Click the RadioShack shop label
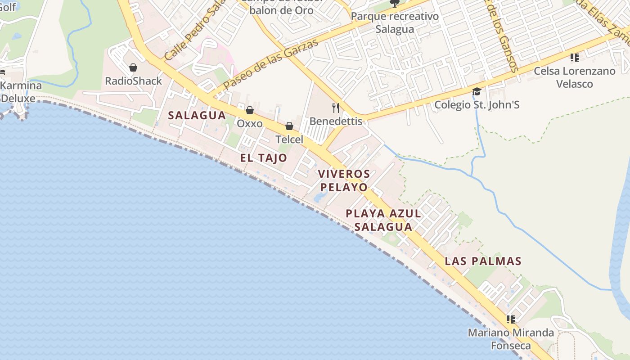pyautogui.click(x=133, y=81)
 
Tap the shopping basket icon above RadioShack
pyautogui.click(x=133, y=68)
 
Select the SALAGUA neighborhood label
pyautogui.click(x=197, y=115)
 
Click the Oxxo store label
pyautogui.click(x=250, y=123)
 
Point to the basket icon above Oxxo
pyautogui.click(x=250, y=110)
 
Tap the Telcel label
pyautogui.click(x=289, y=139)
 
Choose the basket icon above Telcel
pyautogui.click(x=289, y=126)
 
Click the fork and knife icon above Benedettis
pyautogui.click(x=335, y=108)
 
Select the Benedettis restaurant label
pyautogui.click(x=336, y=121)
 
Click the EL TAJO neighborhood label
pyautogui.click(x=263, y=158)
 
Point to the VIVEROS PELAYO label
pyautogui.click(x=344, y=180)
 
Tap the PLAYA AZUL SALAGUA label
pyautogui.click(x=383, y=220)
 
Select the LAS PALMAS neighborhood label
pyautogui.click(x=483, y=261)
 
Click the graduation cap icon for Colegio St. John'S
pyautogui.click(x=477, y=92)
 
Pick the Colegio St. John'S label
pyautogui.click(x=477, y=105)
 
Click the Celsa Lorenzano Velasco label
pyautogui.click(x=575, y=77)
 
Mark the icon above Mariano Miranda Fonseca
pyautogui.click(x=511, y=319)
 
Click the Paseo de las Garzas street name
pyautogui.click(x=271, y=63)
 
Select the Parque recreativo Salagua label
pyautogui.click(x=395, y=22)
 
